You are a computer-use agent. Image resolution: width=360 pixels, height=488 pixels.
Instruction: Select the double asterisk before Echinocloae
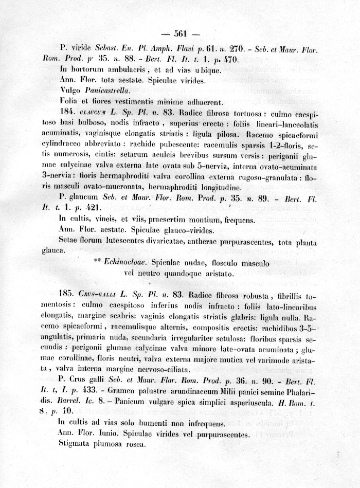pos(98,261)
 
